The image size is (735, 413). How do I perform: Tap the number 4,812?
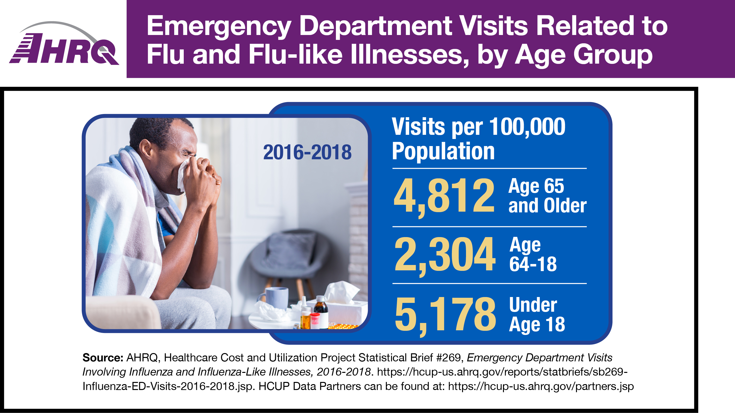(444, 196)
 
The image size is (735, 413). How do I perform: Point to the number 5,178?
(445, 314)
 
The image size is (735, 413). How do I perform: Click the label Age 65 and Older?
(547, 196)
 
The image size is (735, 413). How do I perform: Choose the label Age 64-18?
(533, 254)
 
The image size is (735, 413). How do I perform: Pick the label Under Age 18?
(536, 314)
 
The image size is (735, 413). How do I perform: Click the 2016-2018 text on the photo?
(307, 152)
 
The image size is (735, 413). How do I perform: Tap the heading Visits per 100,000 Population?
(478, 139)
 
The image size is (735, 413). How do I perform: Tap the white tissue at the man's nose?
(183, 175)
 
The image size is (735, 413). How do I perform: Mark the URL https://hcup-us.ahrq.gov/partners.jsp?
(541, 386)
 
